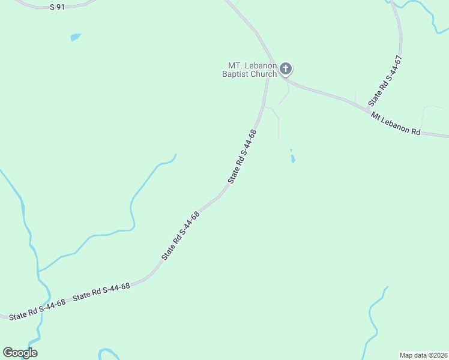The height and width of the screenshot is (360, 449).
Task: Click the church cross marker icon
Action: [286, 69]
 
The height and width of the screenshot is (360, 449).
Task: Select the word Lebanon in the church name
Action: [259, 65]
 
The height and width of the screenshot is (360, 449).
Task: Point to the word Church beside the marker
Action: [264, 74]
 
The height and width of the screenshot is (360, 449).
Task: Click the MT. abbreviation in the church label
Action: [234, 65]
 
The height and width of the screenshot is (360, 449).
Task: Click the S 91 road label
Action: [57, 7]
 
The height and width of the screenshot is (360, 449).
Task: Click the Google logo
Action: [20, 353]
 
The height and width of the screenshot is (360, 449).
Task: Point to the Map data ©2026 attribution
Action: [423, 355]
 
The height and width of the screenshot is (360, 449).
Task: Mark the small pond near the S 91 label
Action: [75, 37]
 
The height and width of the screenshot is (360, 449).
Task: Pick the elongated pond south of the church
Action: [293, 159]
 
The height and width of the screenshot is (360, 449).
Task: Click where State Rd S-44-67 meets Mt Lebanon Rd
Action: [367, 109]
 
